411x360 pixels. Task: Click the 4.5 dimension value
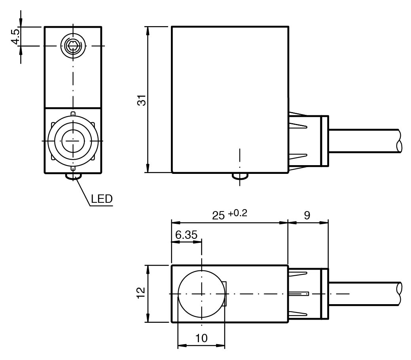pos(16,36)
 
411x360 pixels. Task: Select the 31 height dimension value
pos(141,100)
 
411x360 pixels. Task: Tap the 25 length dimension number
pos(218,216)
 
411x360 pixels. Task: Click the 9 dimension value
pos(307,215)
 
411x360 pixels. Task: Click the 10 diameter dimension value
pos(202,339)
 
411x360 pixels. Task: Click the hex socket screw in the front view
pos(72,46)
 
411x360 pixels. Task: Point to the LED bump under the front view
pos(73,176)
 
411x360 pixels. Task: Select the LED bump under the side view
pos(240,177)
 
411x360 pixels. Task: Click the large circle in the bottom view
pos(202,294)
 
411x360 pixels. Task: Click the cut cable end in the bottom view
pos(399,293)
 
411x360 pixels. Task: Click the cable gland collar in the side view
pos(324,140)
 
